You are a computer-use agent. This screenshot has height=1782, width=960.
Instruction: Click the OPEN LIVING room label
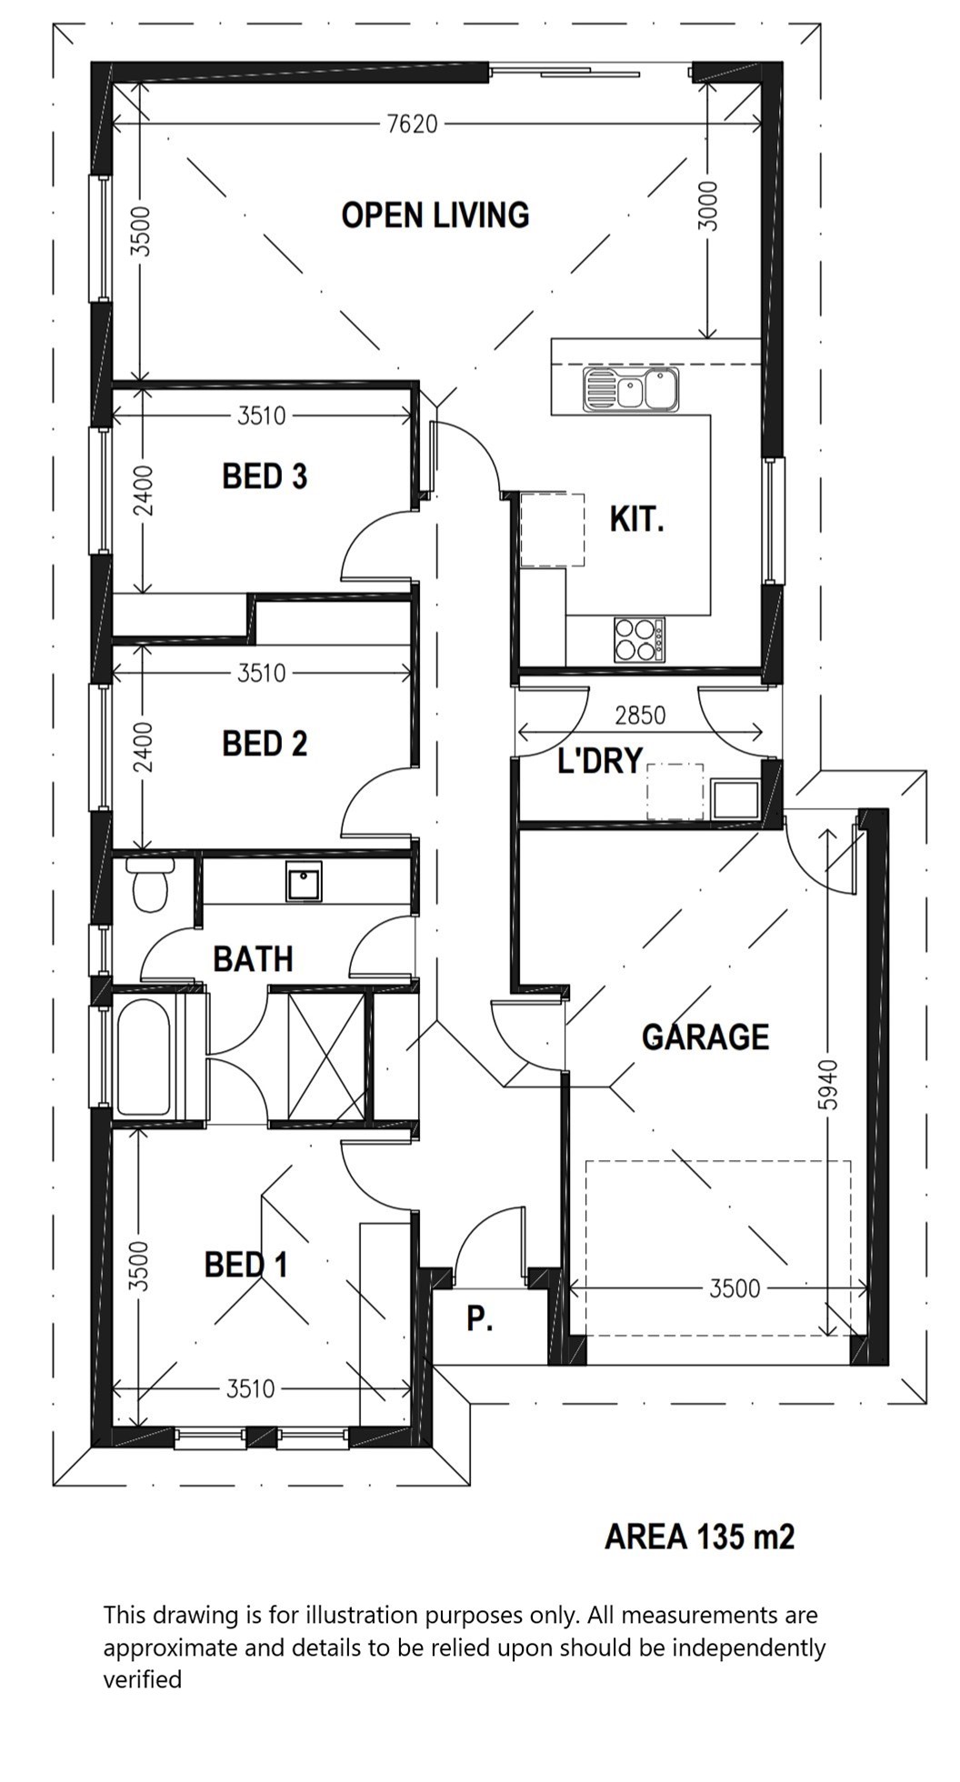435,215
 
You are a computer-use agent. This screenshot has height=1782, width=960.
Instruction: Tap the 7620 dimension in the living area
413,124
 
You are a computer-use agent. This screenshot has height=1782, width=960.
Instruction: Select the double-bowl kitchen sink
631,390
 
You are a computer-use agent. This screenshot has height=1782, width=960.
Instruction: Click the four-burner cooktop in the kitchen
639,639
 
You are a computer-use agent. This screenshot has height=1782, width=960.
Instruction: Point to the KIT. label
636,519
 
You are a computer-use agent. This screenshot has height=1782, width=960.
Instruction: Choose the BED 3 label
265,476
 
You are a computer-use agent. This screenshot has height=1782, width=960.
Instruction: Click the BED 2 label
265,744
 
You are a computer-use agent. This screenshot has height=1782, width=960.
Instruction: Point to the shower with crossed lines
325,1057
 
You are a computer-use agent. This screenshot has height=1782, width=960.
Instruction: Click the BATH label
253,958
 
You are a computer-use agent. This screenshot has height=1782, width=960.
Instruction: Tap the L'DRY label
600,761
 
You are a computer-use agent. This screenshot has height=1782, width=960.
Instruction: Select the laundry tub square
735,799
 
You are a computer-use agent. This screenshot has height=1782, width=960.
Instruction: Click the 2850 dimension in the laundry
640,716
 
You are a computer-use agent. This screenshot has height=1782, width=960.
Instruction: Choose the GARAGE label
705,1036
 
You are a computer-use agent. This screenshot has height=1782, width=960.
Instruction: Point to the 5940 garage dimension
826,1084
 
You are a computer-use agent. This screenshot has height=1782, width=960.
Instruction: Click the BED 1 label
245,1265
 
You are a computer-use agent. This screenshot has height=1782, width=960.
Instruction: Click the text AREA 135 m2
699,1537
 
